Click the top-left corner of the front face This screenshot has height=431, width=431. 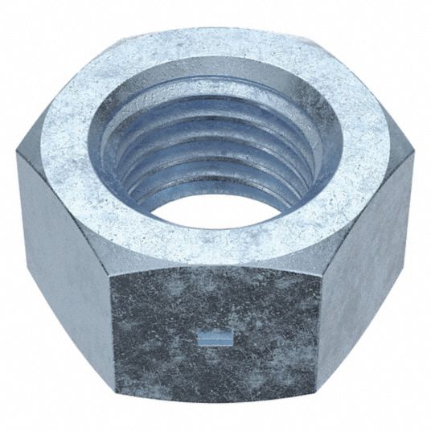tap(111, 269)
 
